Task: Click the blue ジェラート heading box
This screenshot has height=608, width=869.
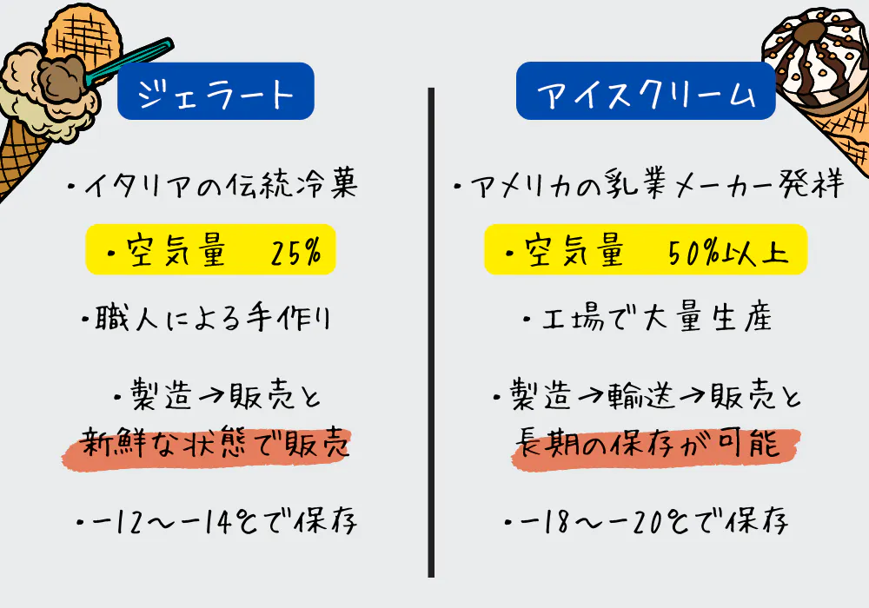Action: pyautogui.click(x=216, y=91)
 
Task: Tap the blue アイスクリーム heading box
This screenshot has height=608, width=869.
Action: pyautogui.click(x=646, y=91)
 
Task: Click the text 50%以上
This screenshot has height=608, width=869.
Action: pyautogui.click(x=728, y=253)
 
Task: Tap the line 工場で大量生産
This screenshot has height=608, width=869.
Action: pyautogui.click(x=648, y=321)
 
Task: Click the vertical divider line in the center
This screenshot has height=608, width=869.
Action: pyautogui.click(x=431, y=330)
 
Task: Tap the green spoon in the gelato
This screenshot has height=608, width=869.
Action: pyautogui.click(x=130, y=56)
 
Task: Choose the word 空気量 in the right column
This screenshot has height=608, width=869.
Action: pyautogui.click(x=574, y=253)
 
